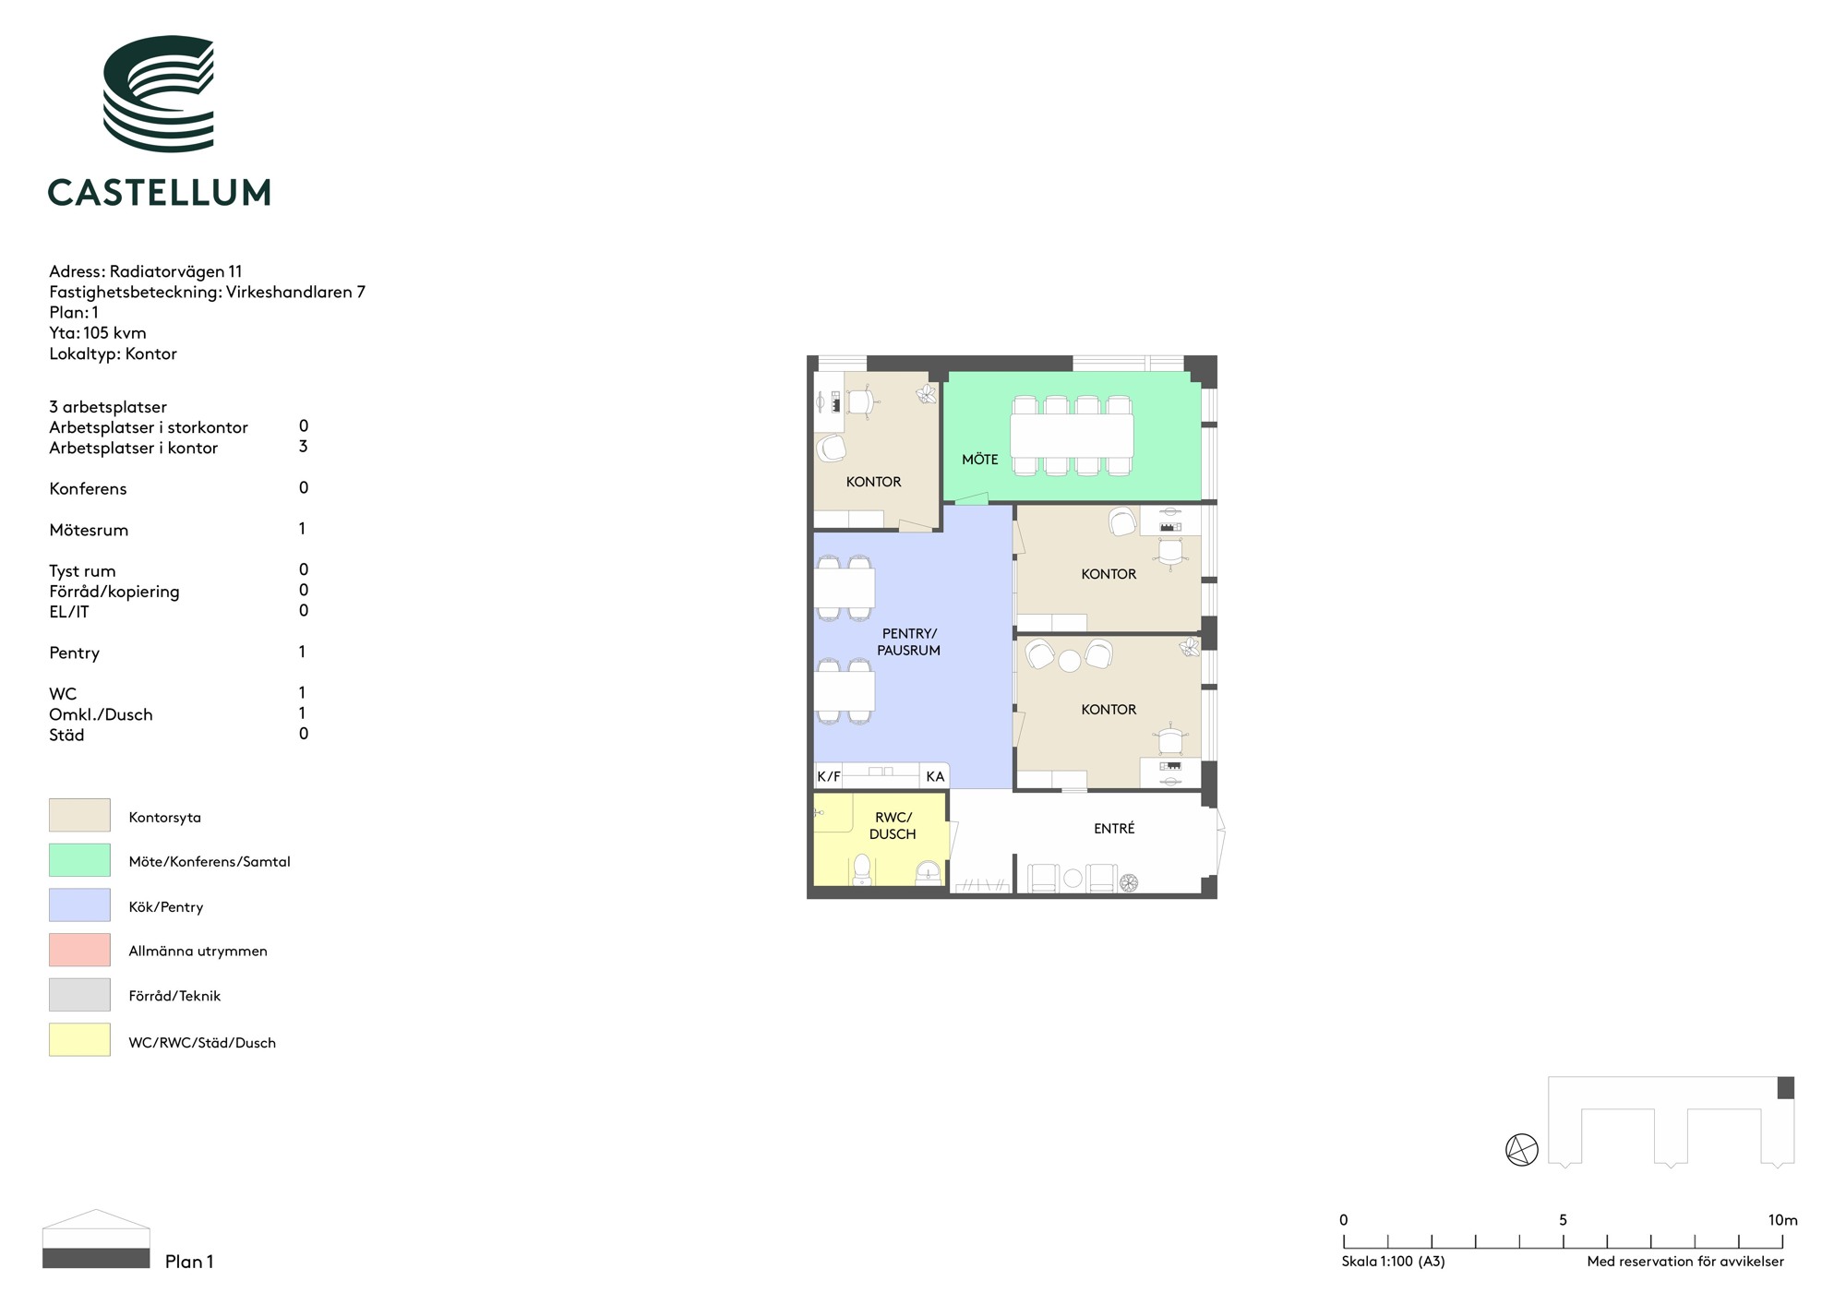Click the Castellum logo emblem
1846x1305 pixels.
coord(159,93)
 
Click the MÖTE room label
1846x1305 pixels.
coord(980,460)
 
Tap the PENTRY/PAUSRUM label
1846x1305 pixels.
coord(909,641)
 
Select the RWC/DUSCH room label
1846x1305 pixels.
coord(893,826)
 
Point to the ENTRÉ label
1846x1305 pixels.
coord(1114,829)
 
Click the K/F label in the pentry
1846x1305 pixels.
coord(829,777)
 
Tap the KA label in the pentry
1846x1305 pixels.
coord(935,777)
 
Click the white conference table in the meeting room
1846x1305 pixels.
coord(1072,436)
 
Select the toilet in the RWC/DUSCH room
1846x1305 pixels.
coord(862,868)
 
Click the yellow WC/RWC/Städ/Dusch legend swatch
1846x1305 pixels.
coord(79,1039)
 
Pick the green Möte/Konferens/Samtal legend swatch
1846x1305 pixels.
coord(79,860)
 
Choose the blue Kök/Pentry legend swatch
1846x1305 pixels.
coord(79,904)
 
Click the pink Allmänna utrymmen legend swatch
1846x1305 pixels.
coord(79,950)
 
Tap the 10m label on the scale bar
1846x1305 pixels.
coord(1782,1220)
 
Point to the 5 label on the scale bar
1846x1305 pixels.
coord(1563,1220)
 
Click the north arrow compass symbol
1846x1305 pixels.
coord(1522,1150)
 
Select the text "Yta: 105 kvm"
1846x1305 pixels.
coord(98,333)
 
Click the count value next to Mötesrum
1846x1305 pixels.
coord(302,529)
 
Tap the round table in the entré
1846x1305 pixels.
coord(1073,879)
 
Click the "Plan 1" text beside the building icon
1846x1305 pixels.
coord(189,1262)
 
